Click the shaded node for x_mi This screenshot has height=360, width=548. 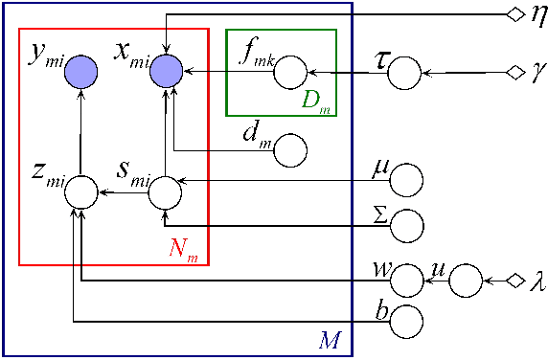pyautogui.click(x=166, y=70)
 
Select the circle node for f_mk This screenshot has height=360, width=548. pyautogui.click(x=290, y=73)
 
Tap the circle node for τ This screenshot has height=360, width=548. pyautogui.click(x=405, y=73)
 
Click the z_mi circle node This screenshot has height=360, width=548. pyautogui.click(x=80, y=193)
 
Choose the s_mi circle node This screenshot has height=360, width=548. pyautogui.click(x=165, y=193)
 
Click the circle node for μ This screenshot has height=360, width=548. pyautogui.click(x=407, y=179)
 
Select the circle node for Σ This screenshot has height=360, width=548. pyautogui.click(x=407, y=225)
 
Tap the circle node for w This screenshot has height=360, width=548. pyautogui.click(x=407, y=281)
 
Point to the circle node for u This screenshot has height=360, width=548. pyautogui.click(x=465, y=281)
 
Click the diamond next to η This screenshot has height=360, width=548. pyautogui.click(x=514, y=14)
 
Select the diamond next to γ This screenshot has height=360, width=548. pyautogui.click(x=514, y=73)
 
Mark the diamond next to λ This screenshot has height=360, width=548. pyautogui.click(x=514, y=281)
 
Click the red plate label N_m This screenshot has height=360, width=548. pyautogui.click(x=185, y=251)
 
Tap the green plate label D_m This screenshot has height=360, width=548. pyautogui.click(x=314, y=101)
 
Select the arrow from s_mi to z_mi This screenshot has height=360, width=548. pyautogui.click(x=123, y=193)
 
